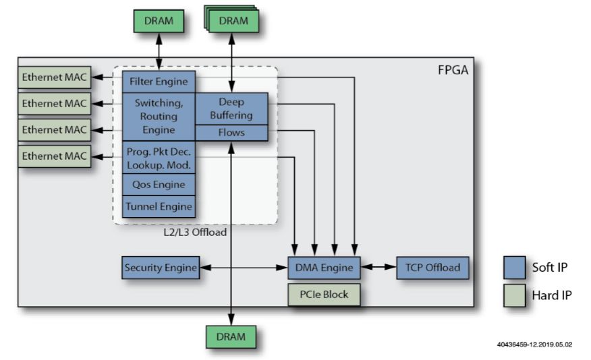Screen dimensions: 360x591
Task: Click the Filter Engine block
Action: [x=159, y=82]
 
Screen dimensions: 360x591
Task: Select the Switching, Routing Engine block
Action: [x=159, y=117]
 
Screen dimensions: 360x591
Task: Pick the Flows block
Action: [x=231, y=133]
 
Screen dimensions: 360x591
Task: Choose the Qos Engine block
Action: [x=159, y=183]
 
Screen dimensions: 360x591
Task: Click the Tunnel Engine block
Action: [x=159, y=206]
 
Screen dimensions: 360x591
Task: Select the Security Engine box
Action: [x=161, y=268]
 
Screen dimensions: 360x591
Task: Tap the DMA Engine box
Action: [x=324, y=268]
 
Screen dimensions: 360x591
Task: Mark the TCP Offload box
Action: [x=432, y=268]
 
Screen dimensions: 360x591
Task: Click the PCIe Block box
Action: [x=324, y=295]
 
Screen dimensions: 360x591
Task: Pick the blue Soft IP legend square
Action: [x=515, y=267]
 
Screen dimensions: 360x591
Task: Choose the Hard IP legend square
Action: [x=515, y=295]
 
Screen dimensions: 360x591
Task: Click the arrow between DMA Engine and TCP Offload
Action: [x=378, y=268]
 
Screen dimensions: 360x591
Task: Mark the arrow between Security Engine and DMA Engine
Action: [x=243, y=268]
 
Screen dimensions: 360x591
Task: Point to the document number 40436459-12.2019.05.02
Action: [x=534, y=344]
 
